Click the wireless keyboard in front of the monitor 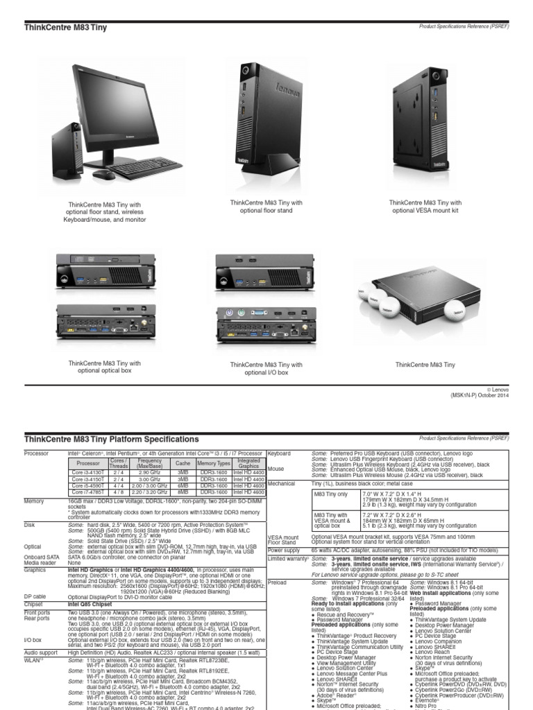pyautogui.click(x=145, y=168)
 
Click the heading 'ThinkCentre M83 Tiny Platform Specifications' pyautogui.click(x=112, y=440)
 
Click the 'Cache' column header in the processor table pyautogui.click(x=183, y=462)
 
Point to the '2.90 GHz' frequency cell pyautogui.click(x=149, y=472)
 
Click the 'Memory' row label pyautogui.click(x=34, y=500)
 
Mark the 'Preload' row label pyautogui.click(x=277, y=582)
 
